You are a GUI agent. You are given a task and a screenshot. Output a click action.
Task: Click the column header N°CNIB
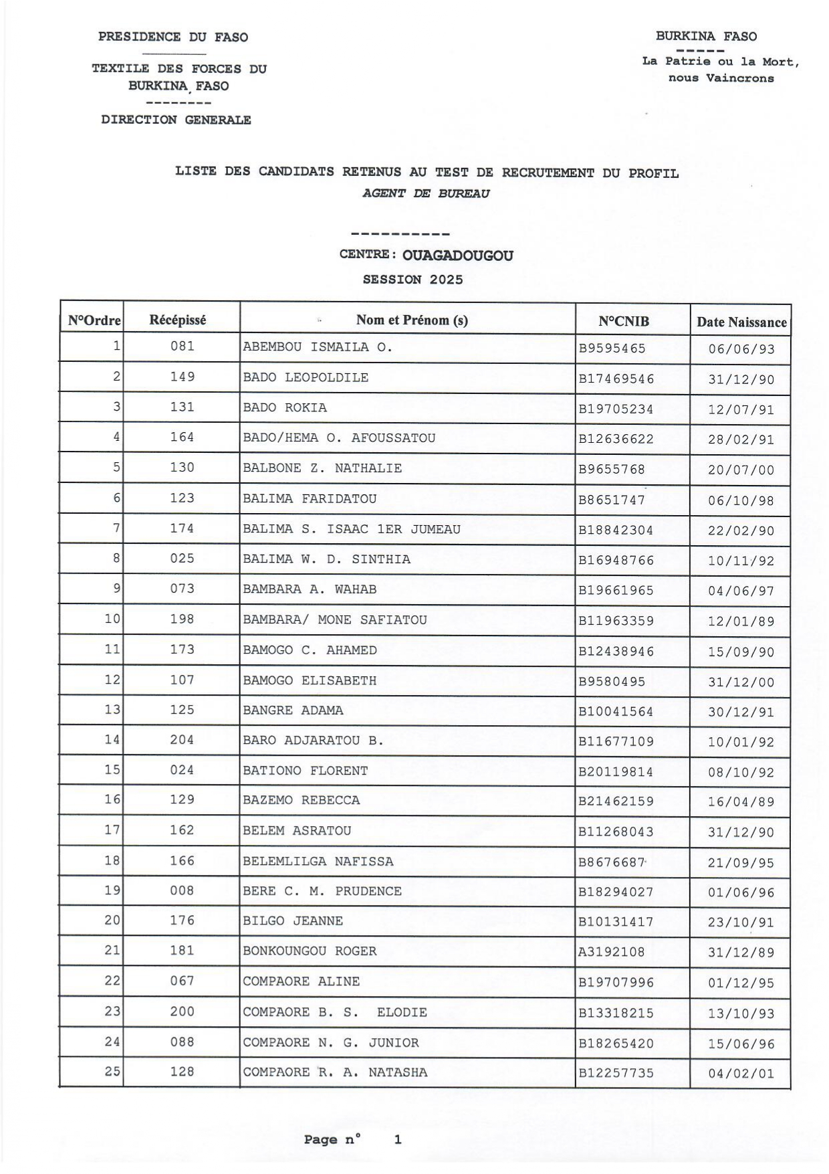click(x=623, y=321)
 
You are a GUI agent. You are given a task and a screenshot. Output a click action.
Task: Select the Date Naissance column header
click(x=741, y=322)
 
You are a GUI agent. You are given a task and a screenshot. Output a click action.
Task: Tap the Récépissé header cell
click(x=178, y=320)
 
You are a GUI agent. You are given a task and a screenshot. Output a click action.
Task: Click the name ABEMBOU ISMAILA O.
click(x=318, y=347)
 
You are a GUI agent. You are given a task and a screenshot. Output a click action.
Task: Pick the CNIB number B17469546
click(x=616, y=379)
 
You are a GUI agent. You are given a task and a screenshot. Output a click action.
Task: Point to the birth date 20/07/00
click(x=741, y=470)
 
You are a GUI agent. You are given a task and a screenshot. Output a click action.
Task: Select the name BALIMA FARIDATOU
click(x=310, y=499)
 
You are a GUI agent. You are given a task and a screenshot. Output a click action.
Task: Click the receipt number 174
click(x=182, y=528)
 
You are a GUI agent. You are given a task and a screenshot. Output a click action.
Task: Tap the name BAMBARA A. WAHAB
click(x=310, y=589)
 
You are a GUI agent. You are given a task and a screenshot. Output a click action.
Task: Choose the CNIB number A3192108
click(x=611, y=952)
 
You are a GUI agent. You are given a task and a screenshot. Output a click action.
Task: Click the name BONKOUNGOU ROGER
click(x=310, y=951)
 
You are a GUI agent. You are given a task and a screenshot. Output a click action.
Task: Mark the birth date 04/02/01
click(x=741, y=1074)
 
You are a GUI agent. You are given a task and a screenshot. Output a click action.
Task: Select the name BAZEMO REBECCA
click(x=301, y=800)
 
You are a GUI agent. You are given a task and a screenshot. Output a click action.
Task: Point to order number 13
click(x=112, y=710)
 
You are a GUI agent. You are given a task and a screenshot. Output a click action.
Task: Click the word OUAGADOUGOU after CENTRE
click(x=458, y=256)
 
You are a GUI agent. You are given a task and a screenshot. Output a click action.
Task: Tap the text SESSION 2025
click(x=412, y=280)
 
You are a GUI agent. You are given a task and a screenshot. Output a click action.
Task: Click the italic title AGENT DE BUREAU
click(x=426, y=193)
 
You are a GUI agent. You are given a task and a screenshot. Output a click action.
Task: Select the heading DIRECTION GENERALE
click(x=176, y=120)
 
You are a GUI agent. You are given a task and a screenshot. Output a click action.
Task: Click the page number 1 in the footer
click(x=398, y=1139)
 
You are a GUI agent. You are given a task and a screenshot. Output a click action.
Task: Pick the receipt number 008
click(x=182, y=891)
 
